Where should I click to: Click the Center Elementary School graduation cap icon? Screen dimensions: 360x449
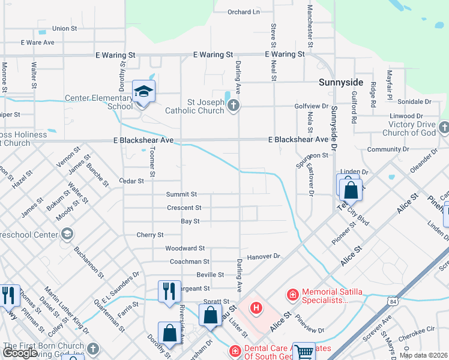tap(143, 92)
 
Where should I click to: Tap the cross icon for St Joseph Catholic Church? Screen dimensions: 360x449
tap(234, 106)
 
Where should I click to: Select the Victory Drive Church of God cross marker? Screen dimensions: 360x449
tap(444, 127)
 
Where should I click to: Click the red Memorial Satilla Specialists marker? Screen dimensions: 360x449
tap(292, 295)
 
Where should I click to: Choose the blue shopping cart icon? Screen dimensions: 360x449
tap(305, 352)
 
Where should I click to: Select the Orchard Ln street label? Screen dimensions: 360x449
tap(244, 12)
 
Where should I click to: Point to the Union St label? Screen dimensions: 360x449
tap(65, 28)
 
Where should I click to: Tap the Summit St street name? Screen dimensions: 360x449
tap(182, 194)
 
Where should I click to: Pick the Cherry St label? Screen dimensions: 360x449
tap(150, 235)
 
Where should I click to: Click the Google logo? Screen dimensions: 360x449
tap(20, 353)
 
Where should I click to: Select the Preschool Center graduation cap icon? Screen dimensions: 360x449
tap(67, 233)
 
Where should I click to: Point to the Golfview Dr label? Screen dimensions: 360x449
tap(312, 106)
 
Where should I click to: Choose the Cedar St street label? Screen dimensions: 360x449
tap(131, 181)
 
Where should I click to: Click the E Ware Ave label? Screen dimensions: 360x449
tap(37, 43)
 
